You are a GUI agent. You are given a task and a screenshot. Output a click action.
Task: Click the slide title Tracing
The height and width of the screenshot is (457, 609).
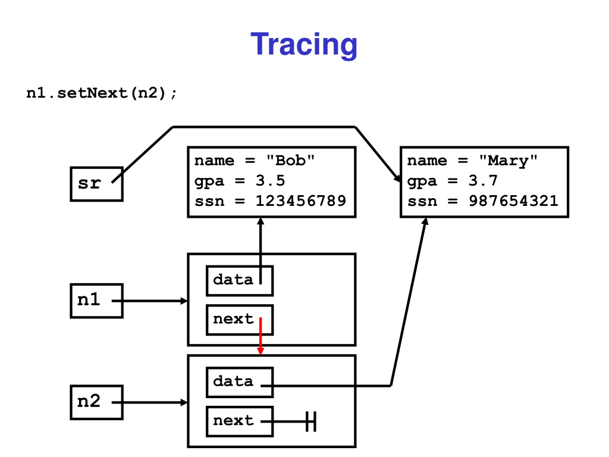click(304, 45)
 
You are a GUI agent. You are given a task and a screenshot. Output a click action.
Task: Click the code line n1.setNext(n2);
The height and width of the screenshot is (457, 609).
click(101, 93)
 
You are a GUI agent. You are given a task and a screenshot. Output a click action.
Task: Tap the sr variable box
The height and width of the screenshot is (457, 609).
click(97, 184)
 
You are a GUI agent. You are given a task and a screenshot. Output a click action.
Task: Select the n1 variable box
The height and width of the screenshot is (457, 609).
click(97, 301)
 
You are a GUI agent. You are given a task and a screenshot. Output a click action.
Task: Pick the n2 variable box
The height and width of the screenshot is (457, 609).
click(97, 402)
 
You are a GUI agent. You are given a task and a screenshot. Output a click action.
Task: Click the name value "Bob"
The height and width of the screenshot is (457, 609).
click(290, 160)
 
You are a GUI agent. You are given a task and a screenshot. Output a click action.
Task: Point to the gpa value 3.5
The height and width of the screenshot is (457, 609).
click(271, 181)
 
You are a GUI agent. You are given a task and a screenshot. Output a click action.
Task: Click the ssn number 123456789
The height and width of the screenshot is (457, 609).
click(300, 201)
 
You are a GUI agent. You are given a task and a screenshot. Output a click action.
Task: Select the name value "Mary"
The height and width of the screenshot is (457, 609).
click(508, 161)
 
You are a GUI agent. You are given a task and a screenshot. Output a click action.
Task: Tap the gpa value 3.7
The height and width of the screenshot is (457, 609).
click(483, 181)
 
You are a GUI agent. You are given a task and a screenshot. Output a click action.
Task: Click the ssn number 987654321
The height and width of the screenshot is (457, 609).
click(513, 201)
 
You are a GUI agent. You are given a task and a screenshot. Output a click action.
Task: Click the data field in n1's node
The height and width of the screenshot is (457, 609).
click(240, 281)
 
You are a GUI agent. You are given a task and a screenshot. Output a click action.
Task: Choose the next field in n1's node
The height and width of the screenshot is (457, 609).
click(240, 320)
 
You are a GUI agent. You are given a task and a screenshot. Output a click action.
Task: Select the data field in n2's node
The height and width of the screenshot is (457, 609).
click(240, 383)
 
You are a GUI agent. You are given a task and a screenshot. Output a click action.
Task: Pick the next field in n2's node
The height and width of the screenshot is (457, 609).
click(240, 422)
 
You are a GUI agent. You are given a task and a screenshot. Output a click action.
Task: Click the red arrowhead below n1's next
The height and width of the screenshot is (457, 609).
click(260, 351)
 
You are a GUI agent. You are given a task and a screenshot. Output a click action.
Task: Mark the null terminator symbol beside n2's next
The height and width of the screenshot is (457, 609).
click(310, 422)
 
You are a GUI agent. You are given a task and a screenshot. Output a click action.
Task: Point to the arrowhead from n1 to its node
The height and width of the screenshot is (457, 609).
click(184, 301)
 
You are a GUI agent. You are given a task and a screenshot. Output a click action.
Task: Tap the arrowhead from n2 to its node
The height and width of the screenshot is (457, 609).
click(184, 402)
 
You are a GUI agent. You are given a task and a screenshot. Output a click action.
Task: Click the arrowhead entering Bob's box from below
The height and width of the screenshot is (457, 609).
click(260, 221)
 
